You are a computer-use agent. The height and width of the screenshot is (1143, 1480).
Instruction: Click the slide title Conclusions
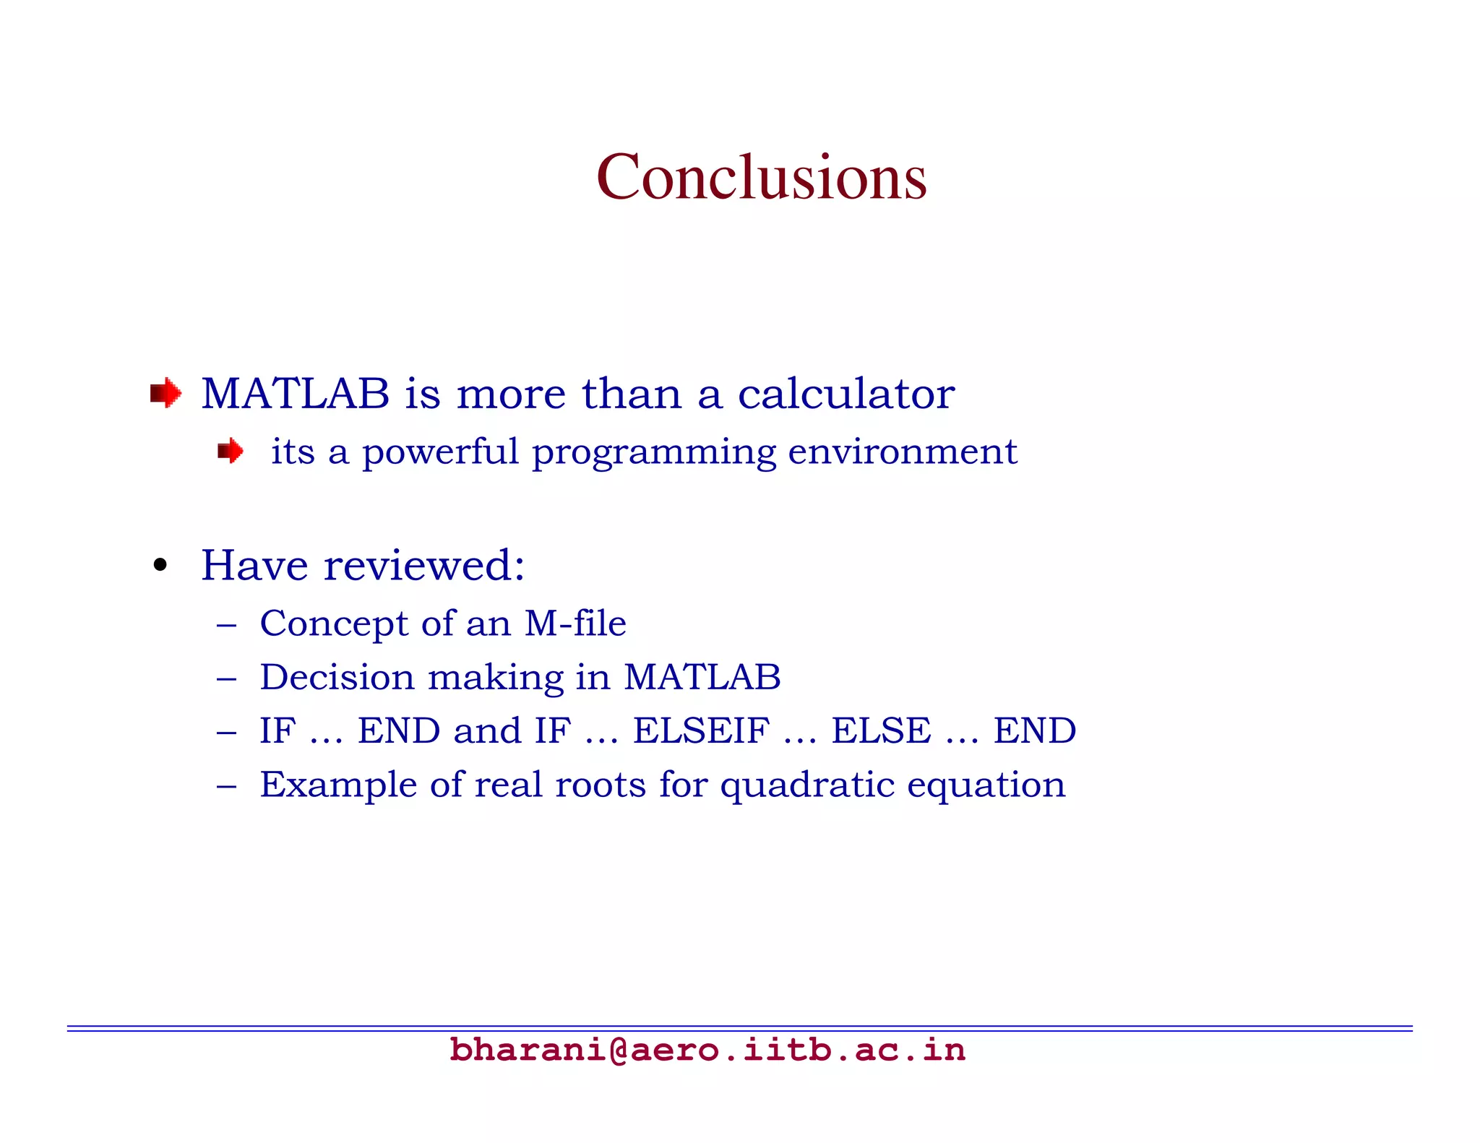click(x=761, y=177)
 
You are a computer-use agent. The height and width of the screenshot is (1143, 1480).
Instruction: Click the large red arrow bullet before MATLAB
click(x=165, y=394)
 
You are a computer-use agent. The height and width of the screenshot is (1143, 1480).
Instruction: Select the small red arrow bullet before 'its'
click(x=231, y=452)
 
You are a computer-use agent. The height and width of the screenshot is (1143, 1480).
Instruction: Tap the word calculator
click(x=846, y=394)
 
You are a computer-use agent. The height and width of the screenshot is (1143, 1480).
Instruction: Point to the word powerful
click(x=440, y=453)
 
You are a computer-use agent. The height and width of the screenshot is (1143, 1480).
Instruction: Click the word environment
click(x=902, y=452)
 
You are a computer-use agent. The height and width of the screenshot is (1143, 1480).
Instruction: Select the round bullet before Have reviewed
click(x=160, y=566)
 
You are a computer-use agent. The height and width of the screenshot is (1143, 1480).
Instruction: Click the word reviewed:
click(x=424, y=565)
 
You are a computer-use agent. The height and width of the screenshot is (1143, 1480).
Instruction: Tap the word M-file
click(x=575, y=623)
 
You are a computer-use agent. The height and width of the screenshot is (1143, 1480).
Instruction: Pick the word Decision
click(x=337, y=678)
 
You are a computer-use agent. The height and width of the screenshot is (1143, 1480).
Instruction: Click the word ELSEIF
click(x=701, y=730)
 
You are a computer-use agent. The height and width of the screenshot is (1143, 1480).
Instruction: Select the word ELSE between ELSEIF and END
click(x=881, y=730)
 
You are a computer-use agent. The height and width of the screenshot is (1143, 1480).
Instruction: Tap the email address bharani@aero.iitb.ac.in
click(x=707, y=1050)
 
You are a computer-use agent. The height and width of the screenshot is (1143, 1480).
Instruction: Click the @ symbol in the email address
click(x=618, y=1050)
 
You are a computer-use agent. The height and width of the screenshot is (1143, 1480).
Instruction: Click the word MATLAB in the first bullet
click(x=295, y=394)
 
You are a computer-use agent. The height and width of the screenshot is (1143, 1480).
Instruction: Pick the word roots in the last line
click(x=600, y=785)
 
